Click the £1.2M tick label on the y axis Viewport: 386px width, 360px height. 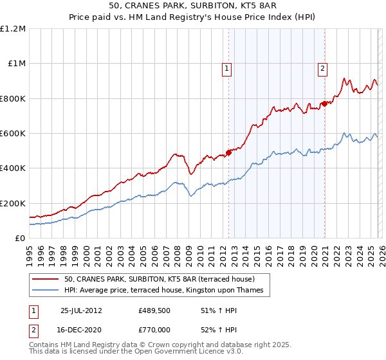(13, 29)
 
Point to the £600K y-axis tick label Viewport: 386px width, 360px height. (13, 134)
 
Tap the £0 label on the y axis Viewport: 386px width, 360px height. (21, 238)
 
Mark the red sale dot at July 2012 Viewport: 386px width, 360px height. (228, 152)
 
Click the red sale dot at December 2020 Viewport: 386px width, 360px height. (324, 104)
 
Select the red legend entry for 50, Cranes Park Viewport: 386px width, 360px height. (160, 279)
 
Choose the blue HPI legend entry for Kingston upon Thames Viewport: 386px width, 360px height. (164, 291)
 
